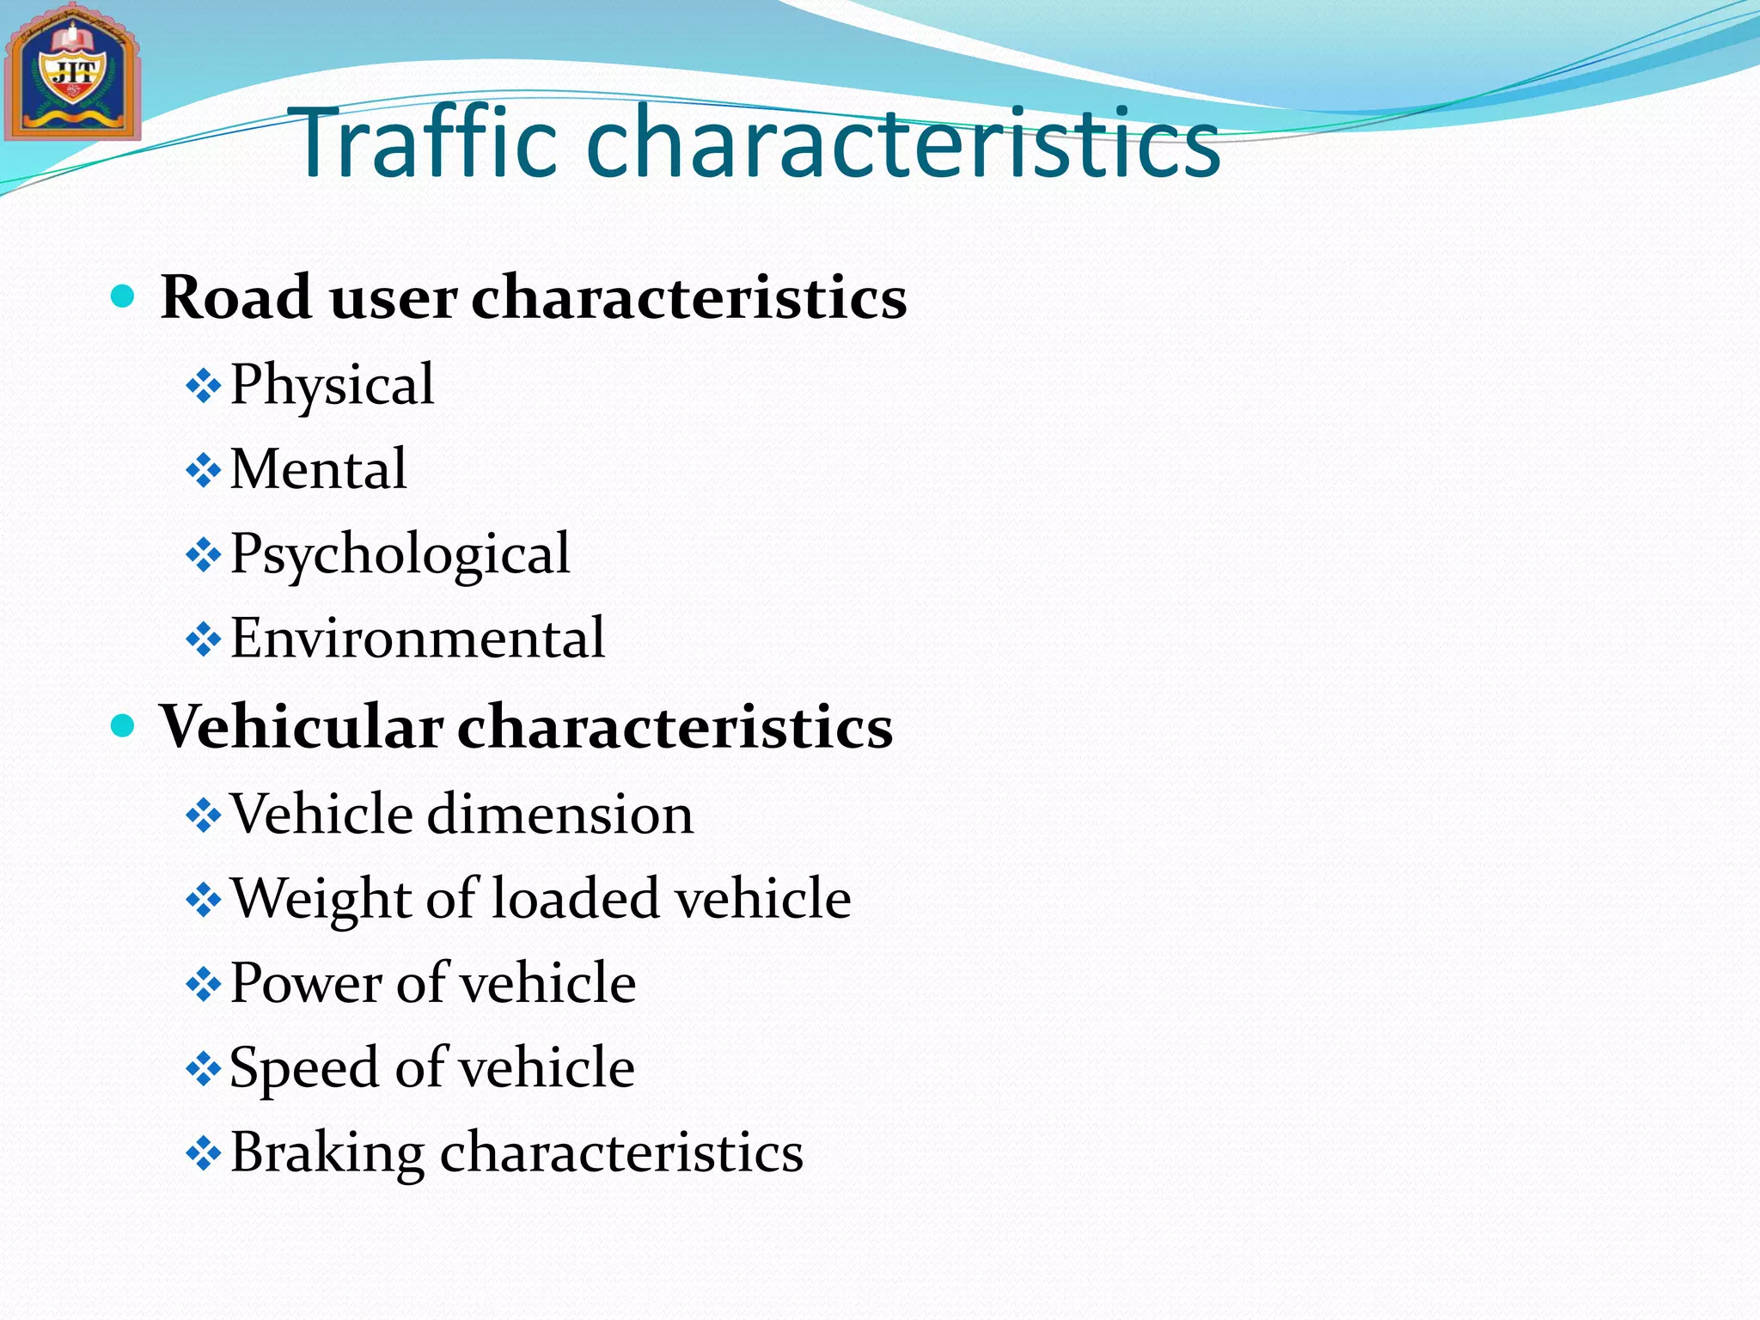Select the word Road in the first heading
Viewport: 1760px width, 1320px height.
click(236, 297)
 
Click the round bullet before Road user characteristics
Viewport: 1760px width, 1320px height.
click(124, 297)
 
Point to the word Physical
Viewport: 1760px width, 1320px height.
click(333, 385)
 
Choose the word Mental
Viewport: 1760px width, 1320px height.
click(319, 469)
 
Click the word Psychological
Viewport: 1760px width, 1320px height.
click(400, 554)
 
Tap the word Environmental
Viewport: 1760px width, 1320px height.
click(418, 639)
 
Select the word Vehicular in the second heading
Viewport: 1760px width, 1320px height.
click(302, 727)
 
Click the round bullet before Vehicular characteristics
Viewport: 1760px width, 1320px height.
click(124, 727)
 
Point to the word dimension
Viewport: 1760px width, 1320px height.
click(559, 814)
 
